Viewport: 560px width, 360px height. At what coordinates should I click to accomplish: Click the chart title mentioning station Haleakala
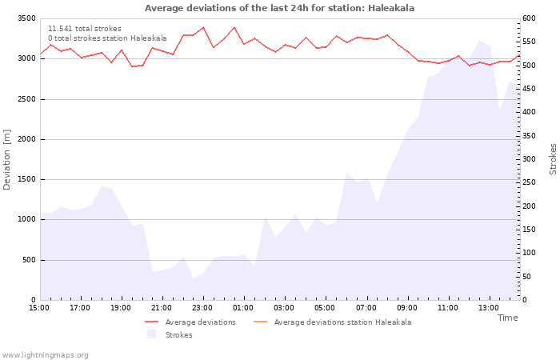(279, 8)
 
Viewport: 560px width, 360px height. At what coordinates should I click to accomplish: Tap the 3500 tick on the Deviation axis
(26, 18)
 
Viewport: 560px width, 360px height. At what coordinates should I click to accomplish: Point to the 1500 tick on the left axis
(26, 179)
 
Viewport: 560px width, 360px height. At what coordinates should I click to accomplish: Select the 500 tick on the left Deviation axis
(29, 260)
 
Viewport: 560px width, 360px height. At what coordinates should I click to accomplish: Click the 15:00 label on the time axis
(39, 307)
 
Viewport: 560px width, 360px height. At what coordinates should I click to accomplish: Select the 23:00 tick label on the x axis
(202, 307)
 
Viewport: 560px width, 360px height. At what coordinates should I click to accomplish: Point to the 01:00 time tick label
(243, 307)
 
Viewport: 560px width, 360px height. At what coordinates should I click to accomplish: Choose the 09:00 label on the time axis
(407, 307)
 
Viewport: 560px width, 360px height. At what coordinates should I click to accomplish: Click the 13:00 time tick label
(489, 307)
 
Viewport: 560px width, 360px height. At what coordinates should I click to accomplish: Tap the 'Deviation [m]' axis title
(8, 159)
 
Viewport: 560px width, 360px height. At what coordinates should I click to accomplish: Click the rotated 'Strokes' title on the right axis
(553, 159)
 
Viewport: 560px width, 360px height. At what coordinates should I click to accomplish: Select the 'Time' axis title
(507, 318)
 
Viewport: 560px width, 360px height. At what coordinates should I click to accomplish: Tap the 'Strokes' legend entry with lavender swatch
(178, 335)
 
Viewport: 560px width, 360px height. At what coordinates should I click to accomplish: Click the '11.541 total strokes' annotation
(85, 29)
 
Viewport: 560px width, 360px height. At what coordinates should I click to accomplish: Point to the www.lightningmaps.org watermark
(46, 355)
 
